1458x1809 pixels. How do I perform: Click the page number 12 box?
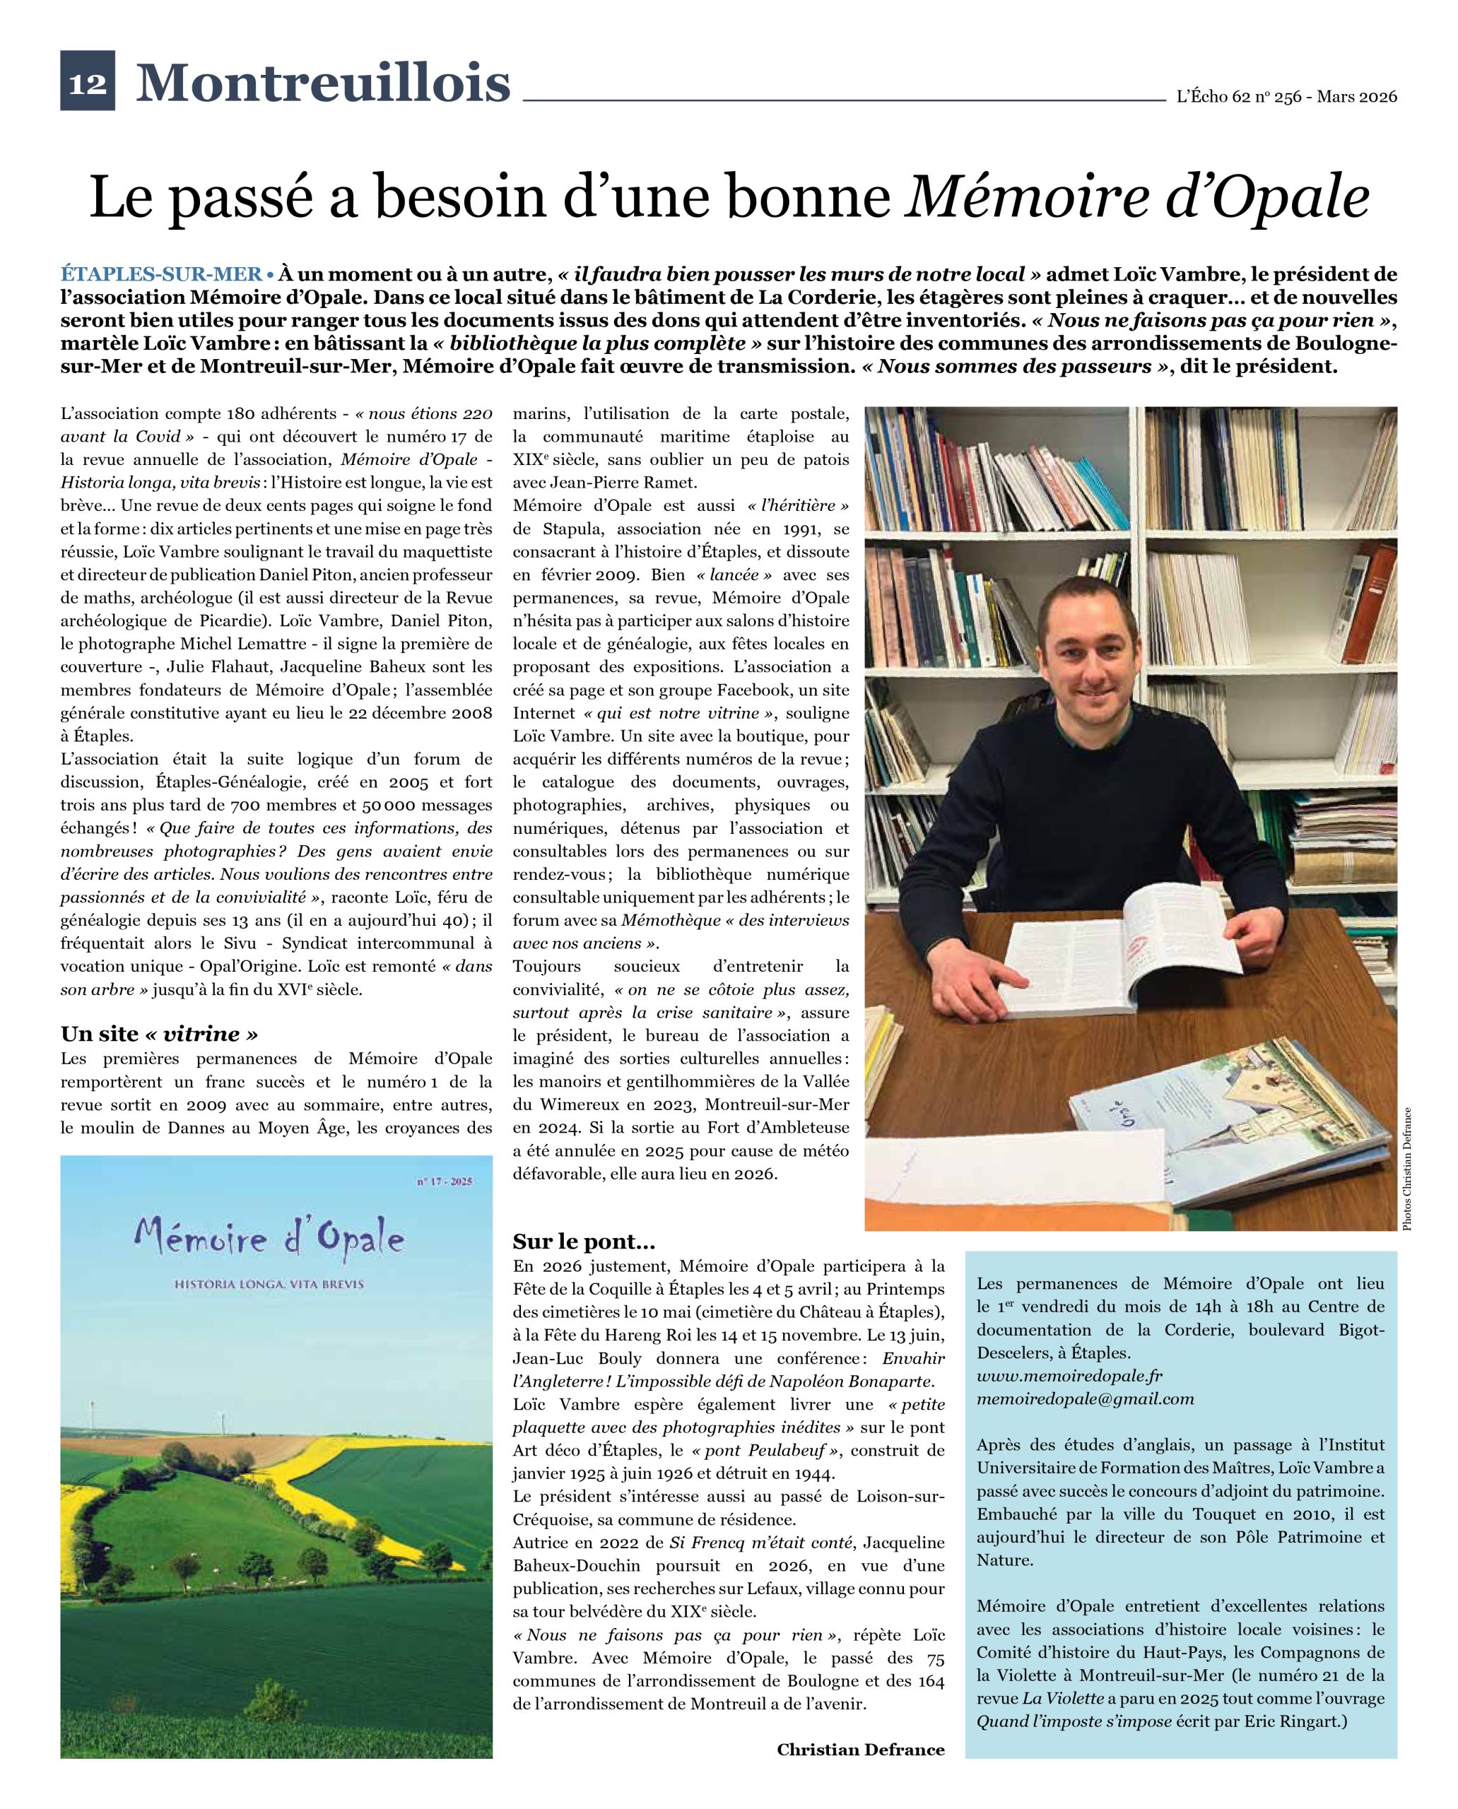click(x=88, y=81)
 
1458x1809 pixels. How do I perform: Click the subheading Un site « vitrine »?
click(x=159, y=1034)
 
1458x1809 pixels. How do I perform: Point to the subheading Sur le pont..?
click(x=584, y=1242)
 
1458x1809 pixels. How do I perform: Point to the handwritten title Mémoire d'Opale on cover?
click(x=269, y=1239)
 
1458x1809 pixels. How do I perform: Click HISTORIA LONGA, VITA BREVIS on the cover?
click(x=269, y=1284)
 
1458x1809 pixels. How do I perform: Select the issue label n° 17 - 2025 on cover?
click(x=445, y=1182)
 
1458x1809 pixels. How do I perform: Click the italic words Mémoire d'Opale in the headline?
click(x=1136, y=196)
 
